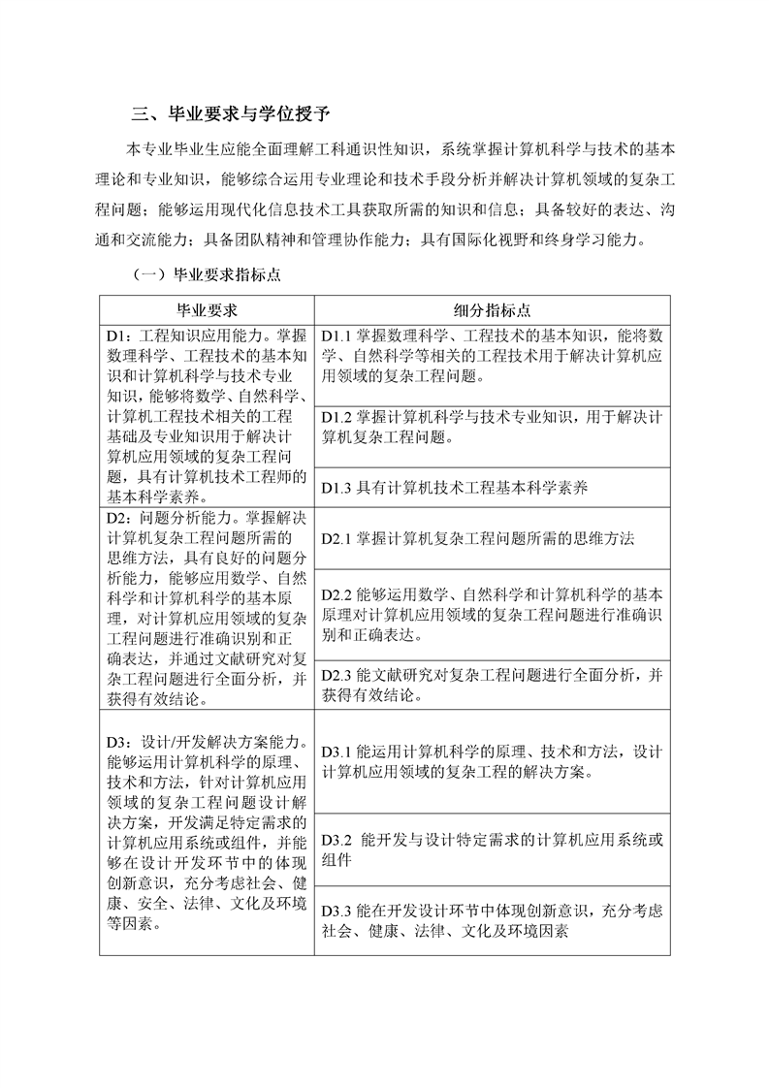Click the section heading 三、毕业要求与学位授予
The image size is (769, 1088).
pos(230,115)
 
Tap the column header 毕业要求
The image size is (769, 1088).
pos(206,310)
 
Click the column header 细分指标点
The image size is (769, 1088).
pos(492,310)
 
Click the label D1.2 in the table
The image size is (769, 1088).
pos(339,417)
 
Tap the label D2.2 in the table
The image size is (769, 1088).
pos(339,594)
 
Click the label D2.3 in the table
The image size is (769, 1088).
pos(339,674)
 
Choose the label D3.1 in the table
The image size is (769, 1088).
pos(339,752)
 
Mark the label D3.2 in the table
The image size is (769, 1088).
pos(339,840)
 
